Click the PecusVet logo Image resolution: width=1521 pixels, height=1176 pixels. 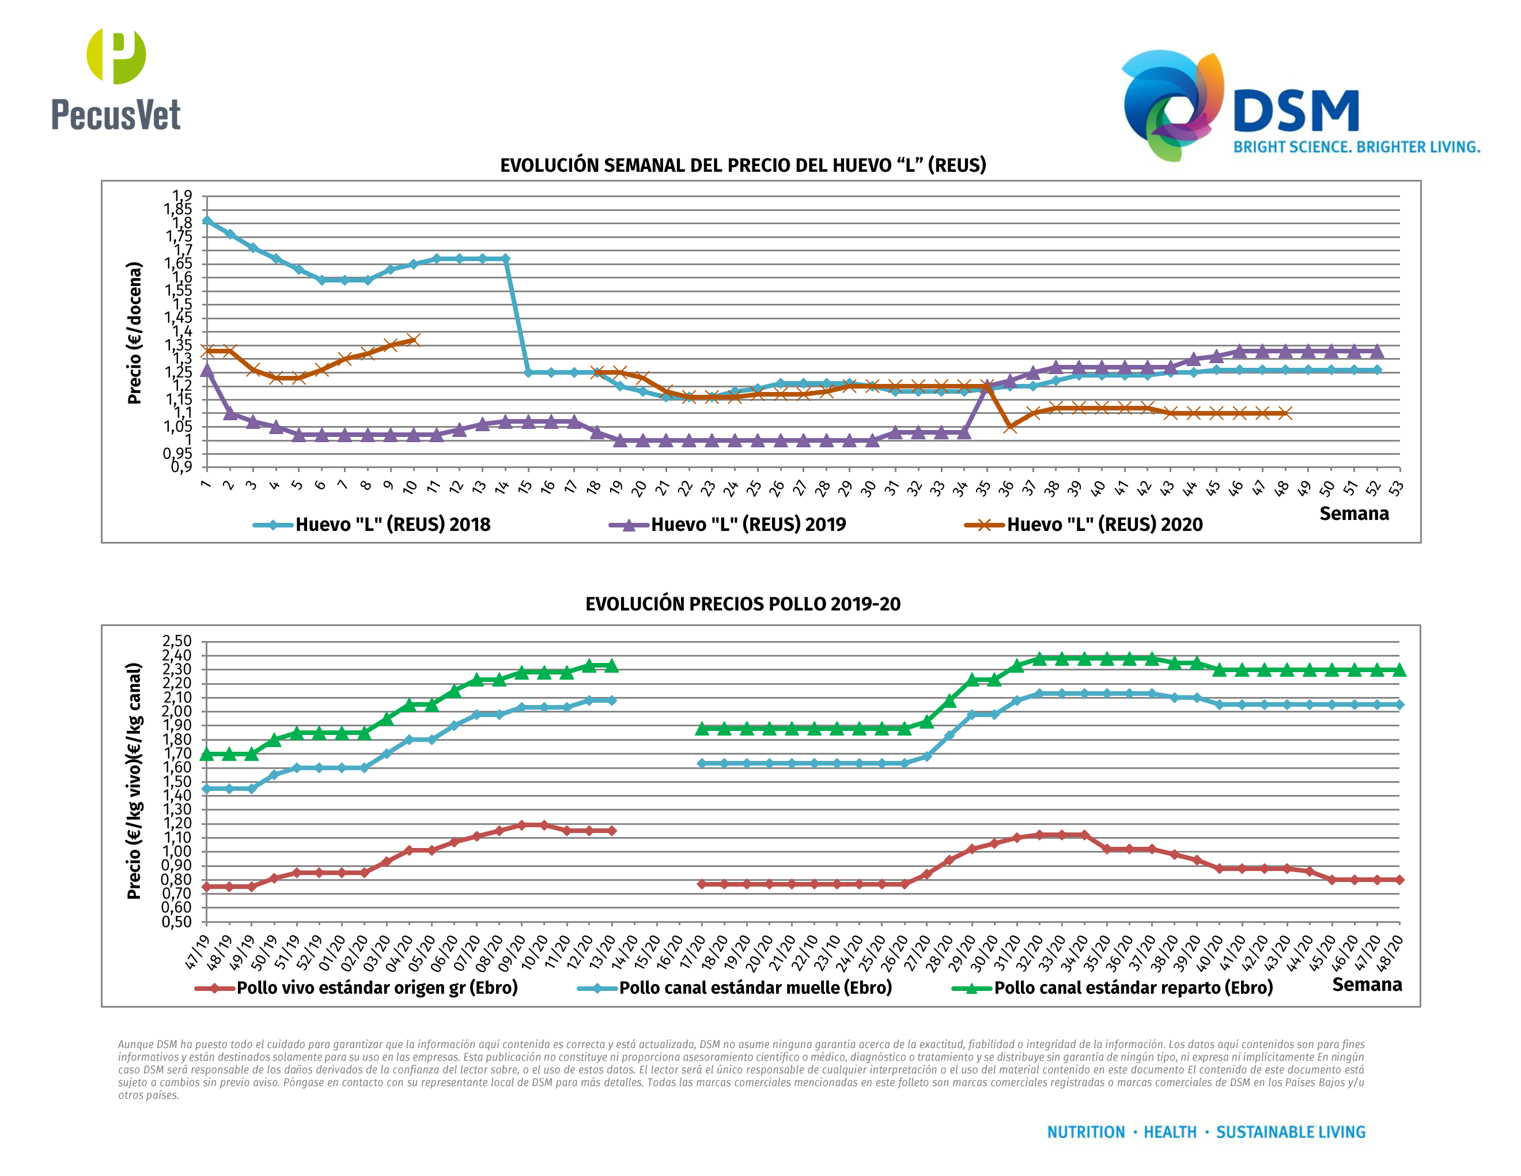116,80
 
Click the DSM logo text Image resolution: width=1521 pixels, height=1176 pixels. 1295,111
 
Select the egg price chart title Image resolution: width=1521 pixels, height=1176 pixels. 743,165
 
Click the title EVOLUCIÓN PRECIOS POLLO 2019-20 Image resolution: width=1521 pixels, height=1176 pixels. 743,604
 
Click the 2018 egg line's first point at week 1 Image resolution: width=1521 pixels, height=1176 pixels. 207,221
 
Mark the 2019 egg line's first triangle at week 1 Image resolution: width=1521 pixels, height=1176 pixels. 207,370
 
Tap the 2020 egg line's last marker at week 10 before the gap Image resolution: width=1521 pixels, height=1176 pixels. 413,340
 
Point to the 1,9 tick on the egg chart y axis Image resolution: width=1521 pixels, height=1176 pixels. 183,196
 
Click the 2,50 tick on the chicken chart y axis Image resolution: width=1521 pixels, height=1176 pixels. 177,641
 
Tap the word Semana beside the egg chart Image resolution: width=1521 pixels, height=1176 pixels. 1353,514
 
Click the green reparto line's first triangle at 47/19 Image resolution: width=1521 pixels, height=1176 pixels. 207,754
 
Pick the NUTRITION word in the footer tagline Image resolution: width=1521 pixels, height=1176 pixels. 1086,1132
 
